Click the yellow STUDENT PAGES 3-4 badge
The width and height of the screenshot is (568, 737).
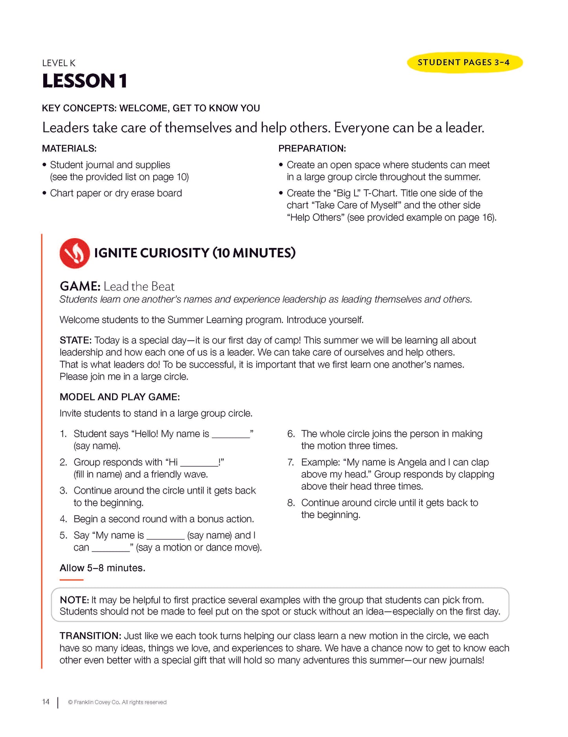tap(464, 62)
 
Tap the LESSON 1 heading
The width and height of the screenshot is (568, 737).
tap(85, 81)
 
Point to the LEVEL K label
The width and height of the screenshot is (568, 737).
tap(59, 63)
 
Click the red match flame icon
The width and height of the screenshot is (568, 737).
tap(75, 253)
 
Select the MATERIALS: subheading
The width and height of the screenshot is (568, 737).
tap(69, 148)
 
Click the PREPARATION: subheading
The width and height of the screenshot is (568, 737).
tap(312, 148)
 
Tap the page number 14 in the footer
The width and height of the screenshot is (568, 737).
tap(46, 702)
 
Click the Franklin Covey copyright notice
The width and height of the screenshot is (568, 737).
tap(117, 702)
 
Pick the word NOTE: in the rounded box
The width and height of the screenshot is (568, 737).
tap(74, 600)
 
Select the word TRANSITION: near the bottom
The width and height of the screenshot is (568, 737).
tap(90, 636)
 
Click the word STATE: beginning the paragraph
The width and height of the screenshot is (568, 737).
tap(75, 340)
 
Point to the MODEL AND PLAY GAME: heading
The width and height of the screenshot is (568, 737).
tap(119, 397)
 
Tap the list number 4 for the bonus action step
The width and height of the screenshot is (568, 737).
tap(63, 519)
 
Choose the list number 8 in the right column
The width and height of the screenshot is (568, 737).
tap(291, 503)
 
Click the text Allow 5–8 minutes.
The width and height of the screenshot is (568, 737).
tap(102, 568)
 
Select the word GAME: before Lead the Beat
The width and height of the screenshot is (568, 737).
tap(80, 286)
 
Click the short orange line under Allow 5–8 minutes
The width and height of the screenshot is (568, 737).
tap(72, 580)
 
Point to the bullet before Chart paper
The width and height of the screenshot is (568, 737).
tap(44, 193)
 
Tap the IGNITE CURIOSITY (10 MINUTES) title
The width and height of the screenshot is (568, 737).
tap(195, 253)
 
